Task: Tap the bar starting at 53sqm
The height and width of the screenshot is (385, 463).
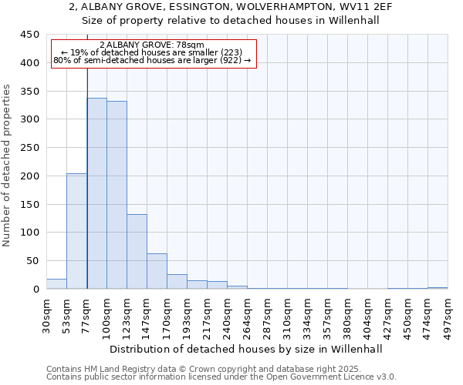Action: (x=76, y=231)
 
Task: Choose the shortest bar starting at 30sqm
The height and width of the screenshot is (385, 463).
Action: (x=56, y=284)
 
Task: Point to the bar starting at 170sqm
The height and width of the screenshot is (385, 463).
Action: (x=177, y=282)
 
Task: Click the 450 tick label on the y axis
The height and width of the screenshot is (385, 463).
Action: (x=30, y=35)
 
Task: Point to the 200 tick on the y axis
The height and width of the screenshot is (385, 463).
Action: (x=30, y=176)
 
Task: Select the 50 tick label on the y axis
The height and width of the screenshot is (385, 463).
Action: (x=33, y=261)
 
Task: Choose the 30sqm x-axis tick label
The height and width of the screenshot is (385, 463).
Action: (x=46, y=314)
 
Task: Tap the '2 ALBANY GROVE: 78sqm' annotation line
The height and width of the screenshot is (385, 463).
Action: (x=152, y=45)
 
